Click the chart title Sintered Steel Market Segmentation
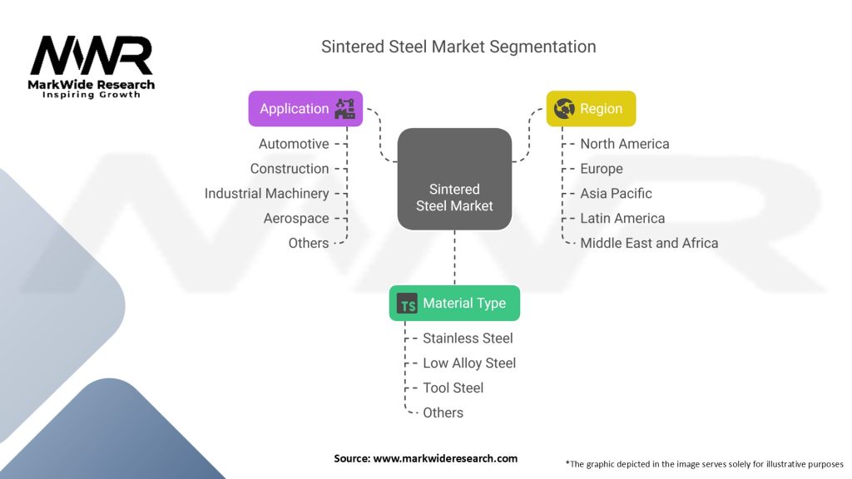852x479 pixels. click(458, 47)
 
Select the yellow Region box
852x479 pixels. click(591, 108)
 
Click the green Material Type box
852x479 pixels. click(454, 304)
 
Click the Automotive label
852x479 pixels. click(294, 144)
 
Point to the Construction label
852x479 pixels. click(290, 169)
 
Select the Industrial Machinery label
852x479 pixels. click(266, 194)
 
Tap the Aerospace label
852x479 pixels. click(296, 219)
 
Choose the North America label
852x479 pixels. click(625, 144)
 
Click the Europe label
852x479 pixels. click(602, 169)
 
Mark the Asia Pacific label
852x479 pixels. click(617, 194)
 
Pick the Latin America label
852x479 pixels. click(622, 219)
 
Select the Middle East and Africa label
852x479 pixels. click(649, 244)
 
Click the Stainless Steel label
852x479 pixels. click(468, 338)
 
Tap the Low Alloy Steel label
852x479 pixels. click(469, 363)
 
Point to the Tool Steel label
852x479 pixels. click(453, 388)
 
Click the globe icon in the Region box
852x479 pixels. click(564, 108)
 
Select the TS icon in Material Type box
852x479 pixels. click(408, 304)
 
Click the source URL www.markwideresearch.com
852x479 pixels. click(446, 458)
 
